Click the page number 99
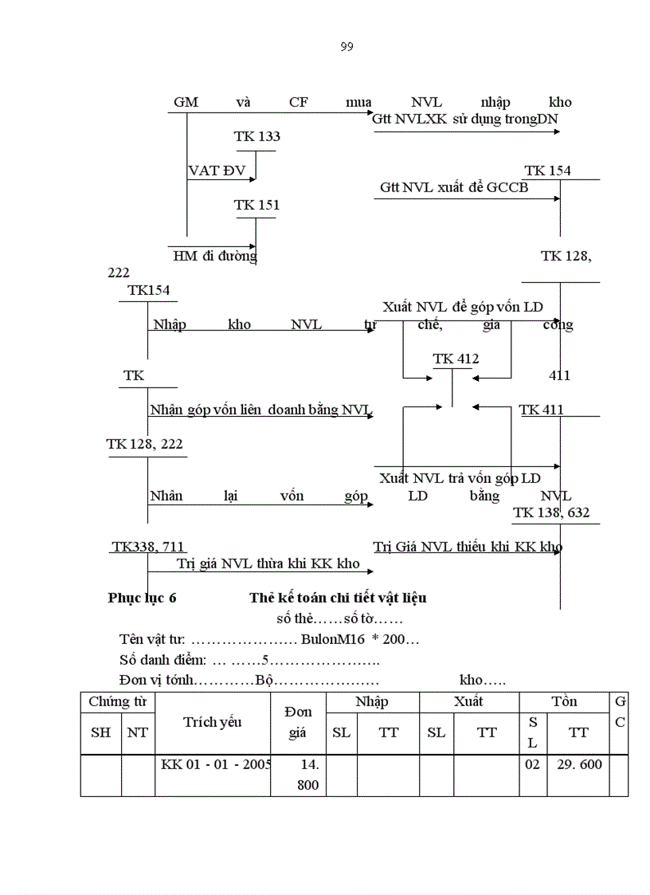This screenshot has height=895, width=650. point(347,47)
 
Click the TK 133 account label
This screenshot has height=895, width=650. point(256,136)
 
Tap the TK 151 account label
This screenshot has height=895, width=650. point(256,205)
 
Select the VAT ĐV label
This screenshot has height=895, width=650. point(217,171)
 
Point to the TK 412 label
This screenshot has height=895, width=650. point(456,359)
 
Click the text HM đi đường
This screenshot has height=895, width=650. point(215,257)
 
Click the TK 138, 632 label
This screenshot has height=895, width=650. point(552,512)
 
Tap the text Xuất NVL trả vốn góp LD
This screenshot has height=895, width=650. point(460,478)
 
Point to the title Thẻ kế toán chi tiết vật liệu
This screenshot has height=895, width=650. point(343,598)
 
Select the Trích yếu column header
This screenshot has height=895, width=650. point(213,722)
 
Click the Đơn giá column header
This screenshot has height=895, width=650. point(298,722)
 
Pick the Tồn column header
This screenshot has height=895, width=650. point(564,702)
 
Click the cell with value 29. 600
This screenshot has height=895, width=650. point(579,764)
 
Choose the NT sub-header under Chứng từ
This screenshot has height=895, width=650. point(137,732)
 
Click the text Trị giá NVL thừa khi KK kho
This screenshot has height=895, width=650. point(268,564)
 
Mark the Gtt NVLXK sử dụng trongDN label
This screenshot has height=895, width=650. point(465,119)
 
